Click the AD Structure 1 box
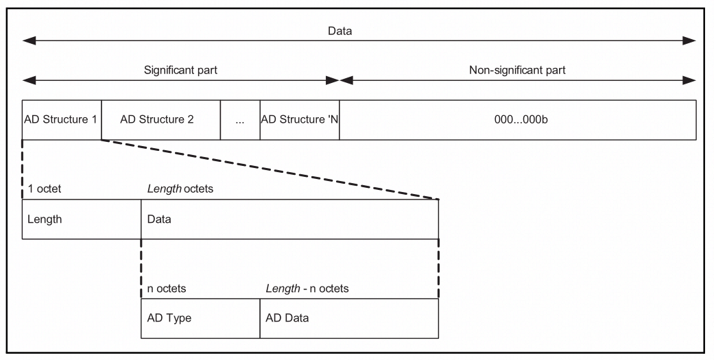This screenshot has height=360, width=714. pyautogui.click(x=62, y=120)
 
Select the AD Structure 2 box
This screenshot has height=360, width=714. pyautogui.click(x=160, y=120)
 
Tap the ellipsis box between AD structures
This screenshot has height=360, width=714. pyautogui.click(x=240, y=120)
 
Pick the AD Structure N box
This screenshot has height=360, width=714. pyautogui.click(x=300, y=120)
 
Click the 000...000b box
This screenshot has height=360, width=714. pyautogui.click(x=518, y=120)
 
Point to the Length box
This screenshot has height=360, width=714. pyautogui.click(x=81, y=219)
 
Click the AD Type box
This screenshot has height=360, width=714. pyautogui.click(x=200, y=318)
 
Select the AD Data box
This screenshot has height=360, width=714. pyautogui.click(x=348, y=318)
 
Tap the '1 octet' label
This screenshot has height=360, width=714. pyautogui.click(x=45, y=189)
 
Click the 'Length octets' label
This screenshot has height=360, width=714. pyautogui.click(x=180, y=189)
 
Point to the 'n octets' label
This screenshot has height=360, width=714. pyautogui.click(x=167, y=288)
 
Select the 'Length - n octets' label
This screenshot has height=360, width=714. pyautogui.click(x=307, y=288)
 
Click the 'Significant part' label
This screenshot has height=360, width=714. pyautogui.click(x=180, y=70)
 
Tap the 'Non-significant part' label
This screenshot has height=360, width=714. pyautogui.click(x=517, y=70)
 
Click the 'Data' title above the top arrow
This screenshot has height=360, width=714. pyautogui.click(x=340, y=31)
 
